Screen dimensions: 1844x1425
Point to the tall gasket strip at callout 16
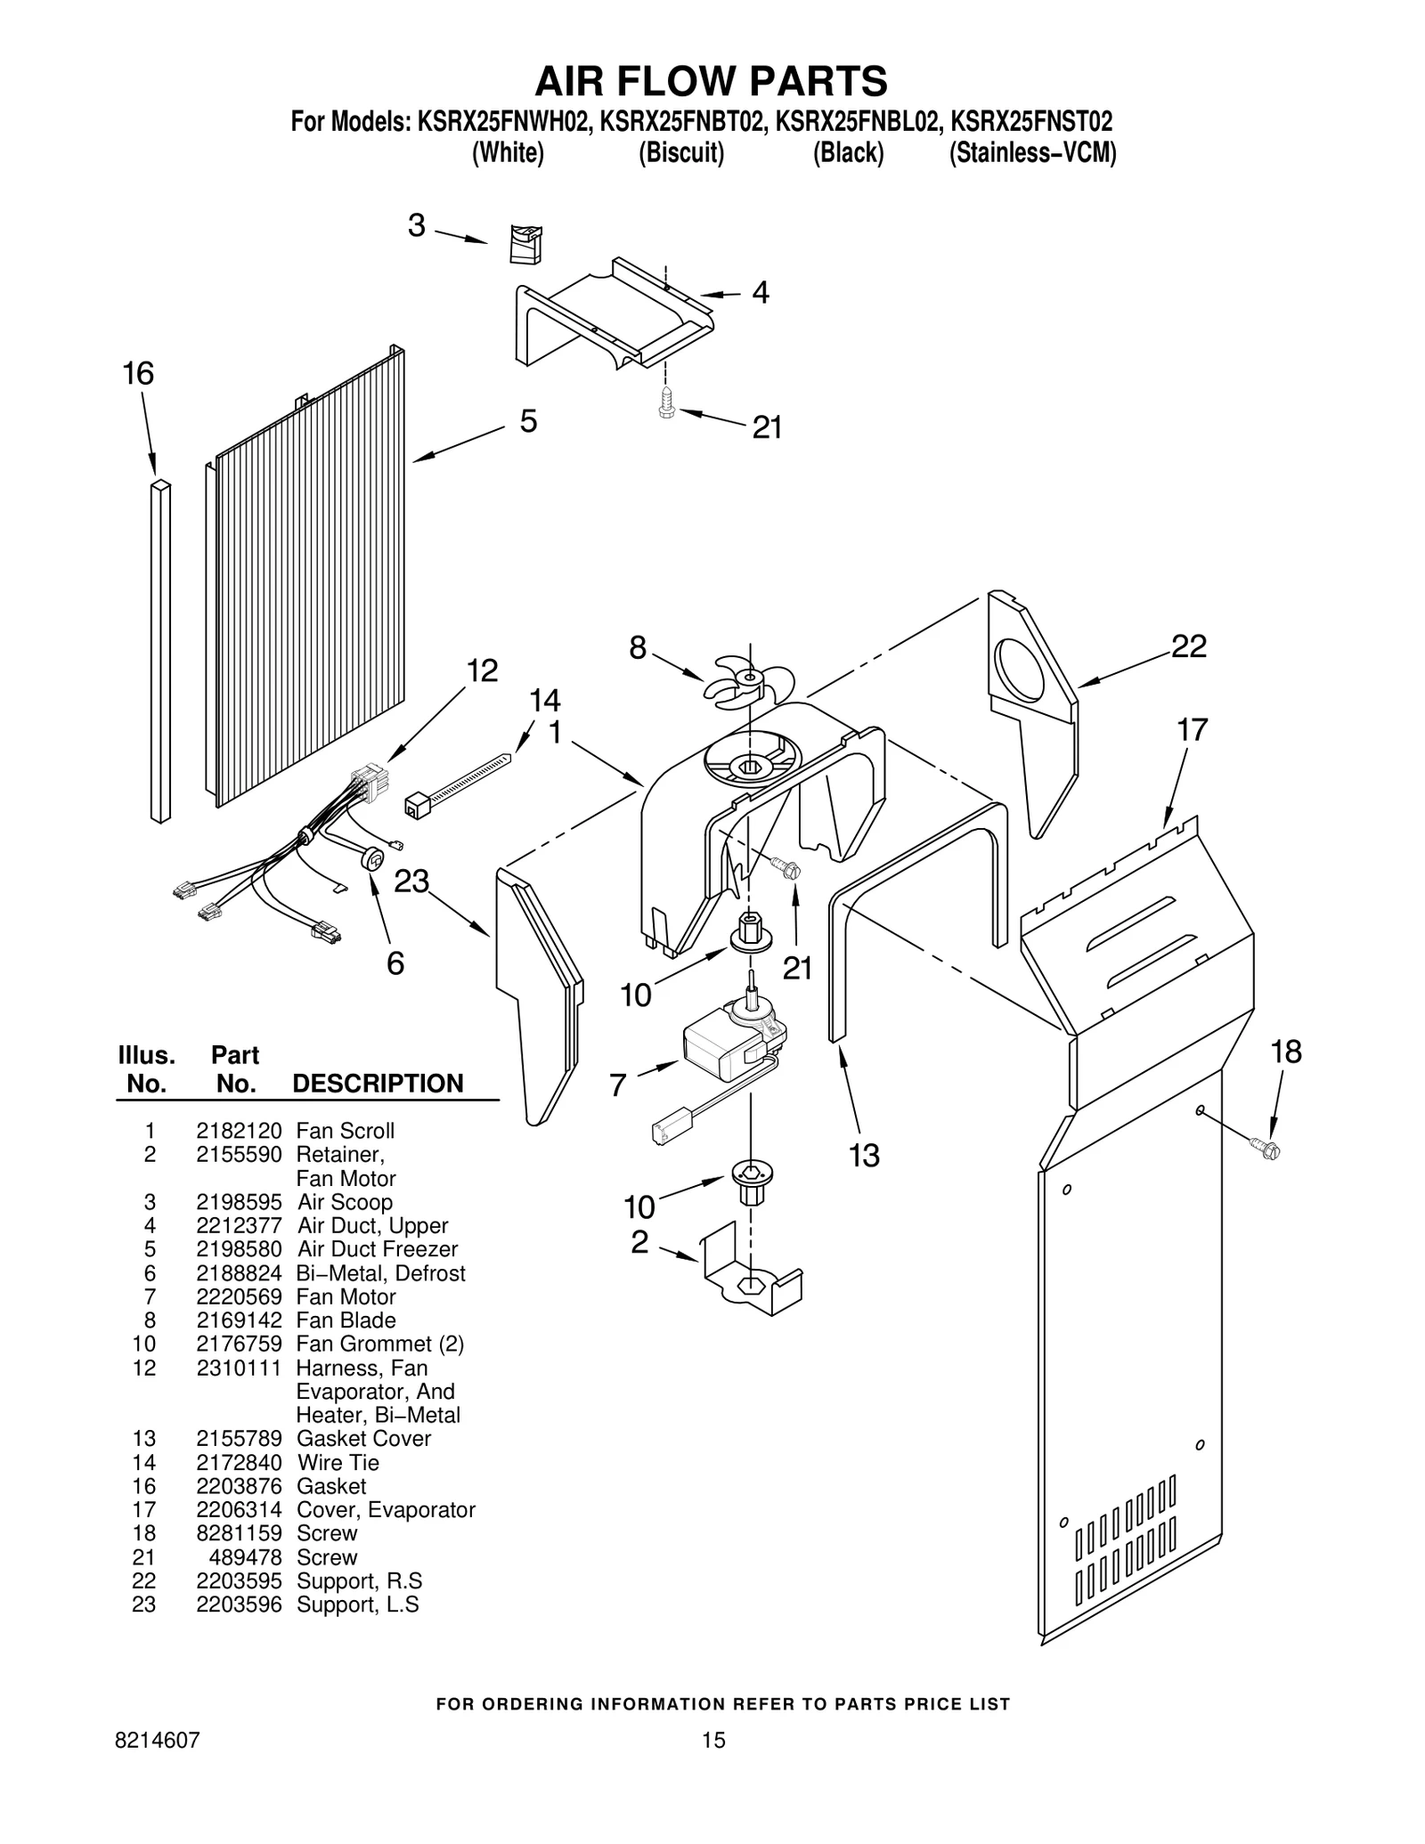[160, 651]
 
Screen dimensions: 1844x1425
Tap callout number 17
[1192, 730]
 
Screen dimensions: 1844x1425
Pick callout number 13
[864, 1155]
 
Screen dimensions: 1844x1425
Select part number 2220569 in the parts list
[239, 1296]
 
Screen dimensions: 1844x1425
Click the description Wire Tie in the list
[338, 1462]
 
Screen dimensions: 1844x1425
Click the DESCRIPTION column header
[378, 1083]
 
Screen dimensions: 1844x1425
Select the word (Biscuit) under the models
[681, 153]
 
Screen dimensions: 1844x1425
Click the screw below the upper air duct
[666, 405]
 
